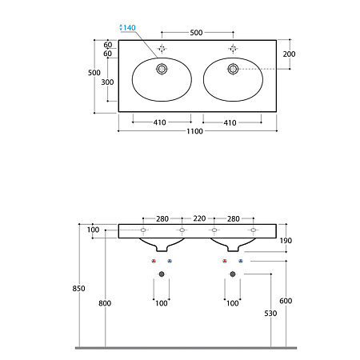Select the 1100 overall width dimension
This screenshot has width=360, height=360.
point(194,131)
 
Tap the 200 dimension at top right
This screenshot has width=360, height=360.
point(289,54)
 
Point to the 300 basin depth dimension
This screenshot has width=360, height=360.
point(107,82)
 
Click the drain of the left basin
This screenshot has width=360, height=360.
point(162,69)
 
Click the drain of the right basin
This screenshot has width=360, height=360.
point(233,69)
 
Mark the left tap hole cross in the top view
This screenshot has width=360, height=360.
point(162,49)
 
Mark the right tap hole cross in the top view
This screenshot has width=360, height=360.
point(233,49)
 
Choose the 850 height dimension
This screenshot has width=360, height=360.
point(78,289)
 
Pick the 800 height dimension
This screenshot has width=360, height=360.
point(105,303)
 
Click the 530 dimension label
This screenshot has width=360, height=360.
point(270,314)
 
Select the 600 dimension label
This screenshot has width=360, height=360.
point(286,301)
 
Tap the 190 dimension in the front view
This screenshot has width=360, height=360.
point(286,241)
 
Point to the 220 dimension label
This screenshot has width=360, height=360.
point(199,218)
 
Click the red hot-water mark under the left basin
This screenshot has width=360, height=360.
point(154,261)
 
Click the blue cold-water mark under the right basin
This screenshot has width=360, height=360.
point(241,261)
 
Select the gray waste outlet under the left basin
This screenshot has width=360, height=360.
point(162,274)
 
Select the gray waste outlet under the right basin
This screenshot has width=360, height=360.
point(233,274)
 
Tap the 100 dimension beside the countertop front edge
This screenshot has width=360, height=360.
point(93,230)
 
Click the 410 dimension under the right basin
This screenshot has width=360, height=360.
point(230,123)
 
